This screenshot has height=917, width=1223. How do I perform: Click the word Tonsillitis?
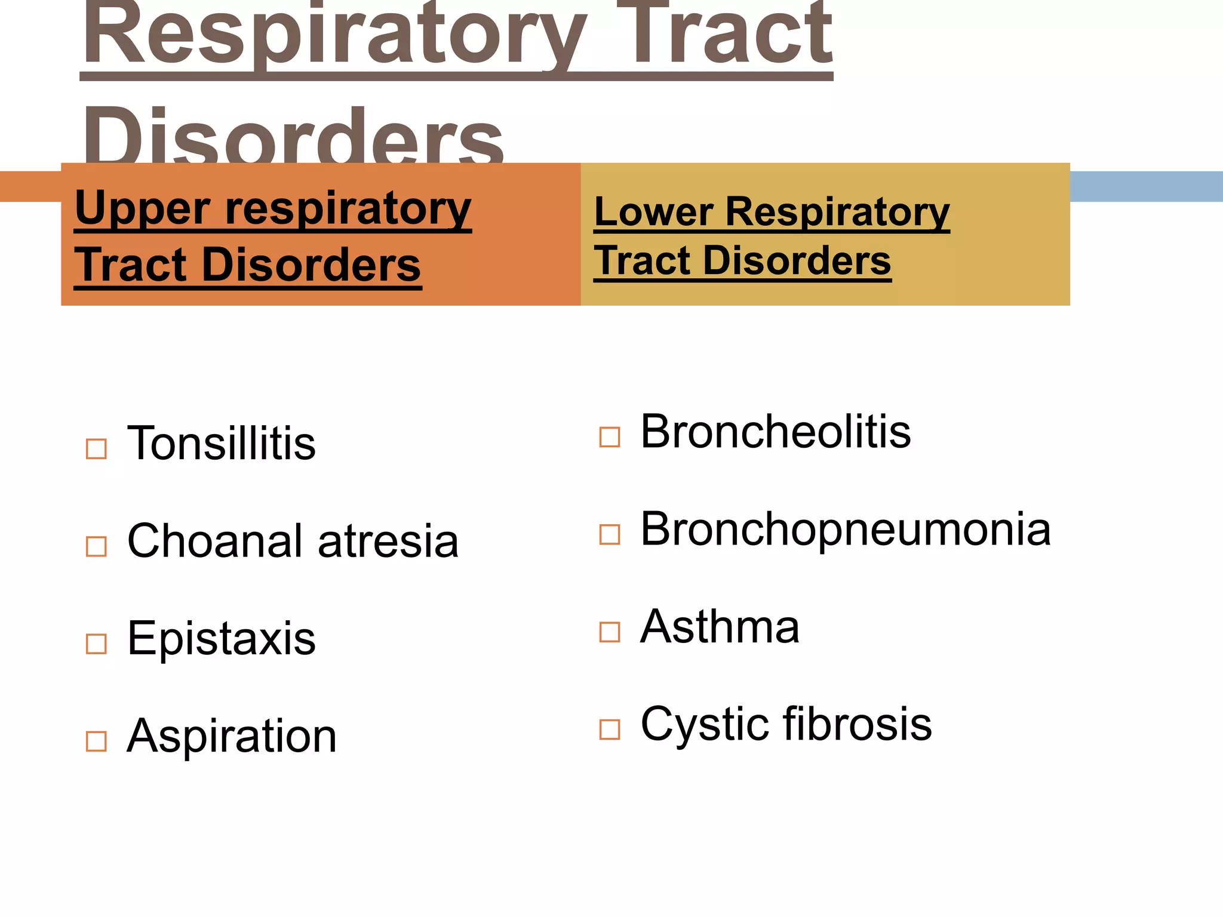[221, 444]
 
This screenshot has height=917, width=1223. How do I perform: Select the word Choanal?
[215, 541]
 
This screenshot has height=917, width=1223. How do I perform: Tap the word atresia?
[388, 541]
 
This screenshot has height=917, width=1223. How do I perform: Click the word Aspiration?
[232, 736]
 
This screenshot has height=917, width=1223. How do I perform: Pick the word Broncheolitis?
[775, 431]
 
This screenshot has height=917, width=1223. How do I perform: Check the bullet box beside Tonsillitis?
[96, 449]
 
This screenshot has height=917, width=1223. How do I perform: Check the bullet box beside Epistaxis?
[96, 644]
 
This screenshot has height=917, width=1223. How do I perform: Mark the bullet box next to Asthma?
[610, 632]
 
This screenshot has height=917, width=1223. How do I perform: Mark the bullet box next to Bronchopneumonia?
[610, 534]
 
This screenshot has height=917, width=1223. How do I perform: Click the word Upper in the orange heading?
[142, 208]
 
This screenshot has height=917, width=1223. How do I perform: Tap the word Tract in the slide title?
[732, 36]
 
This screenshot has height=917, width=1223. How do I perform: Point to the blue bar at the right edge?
[1146, 186]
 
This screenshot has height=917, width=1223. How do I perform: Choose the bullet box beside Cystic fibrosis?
[610, 730]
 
